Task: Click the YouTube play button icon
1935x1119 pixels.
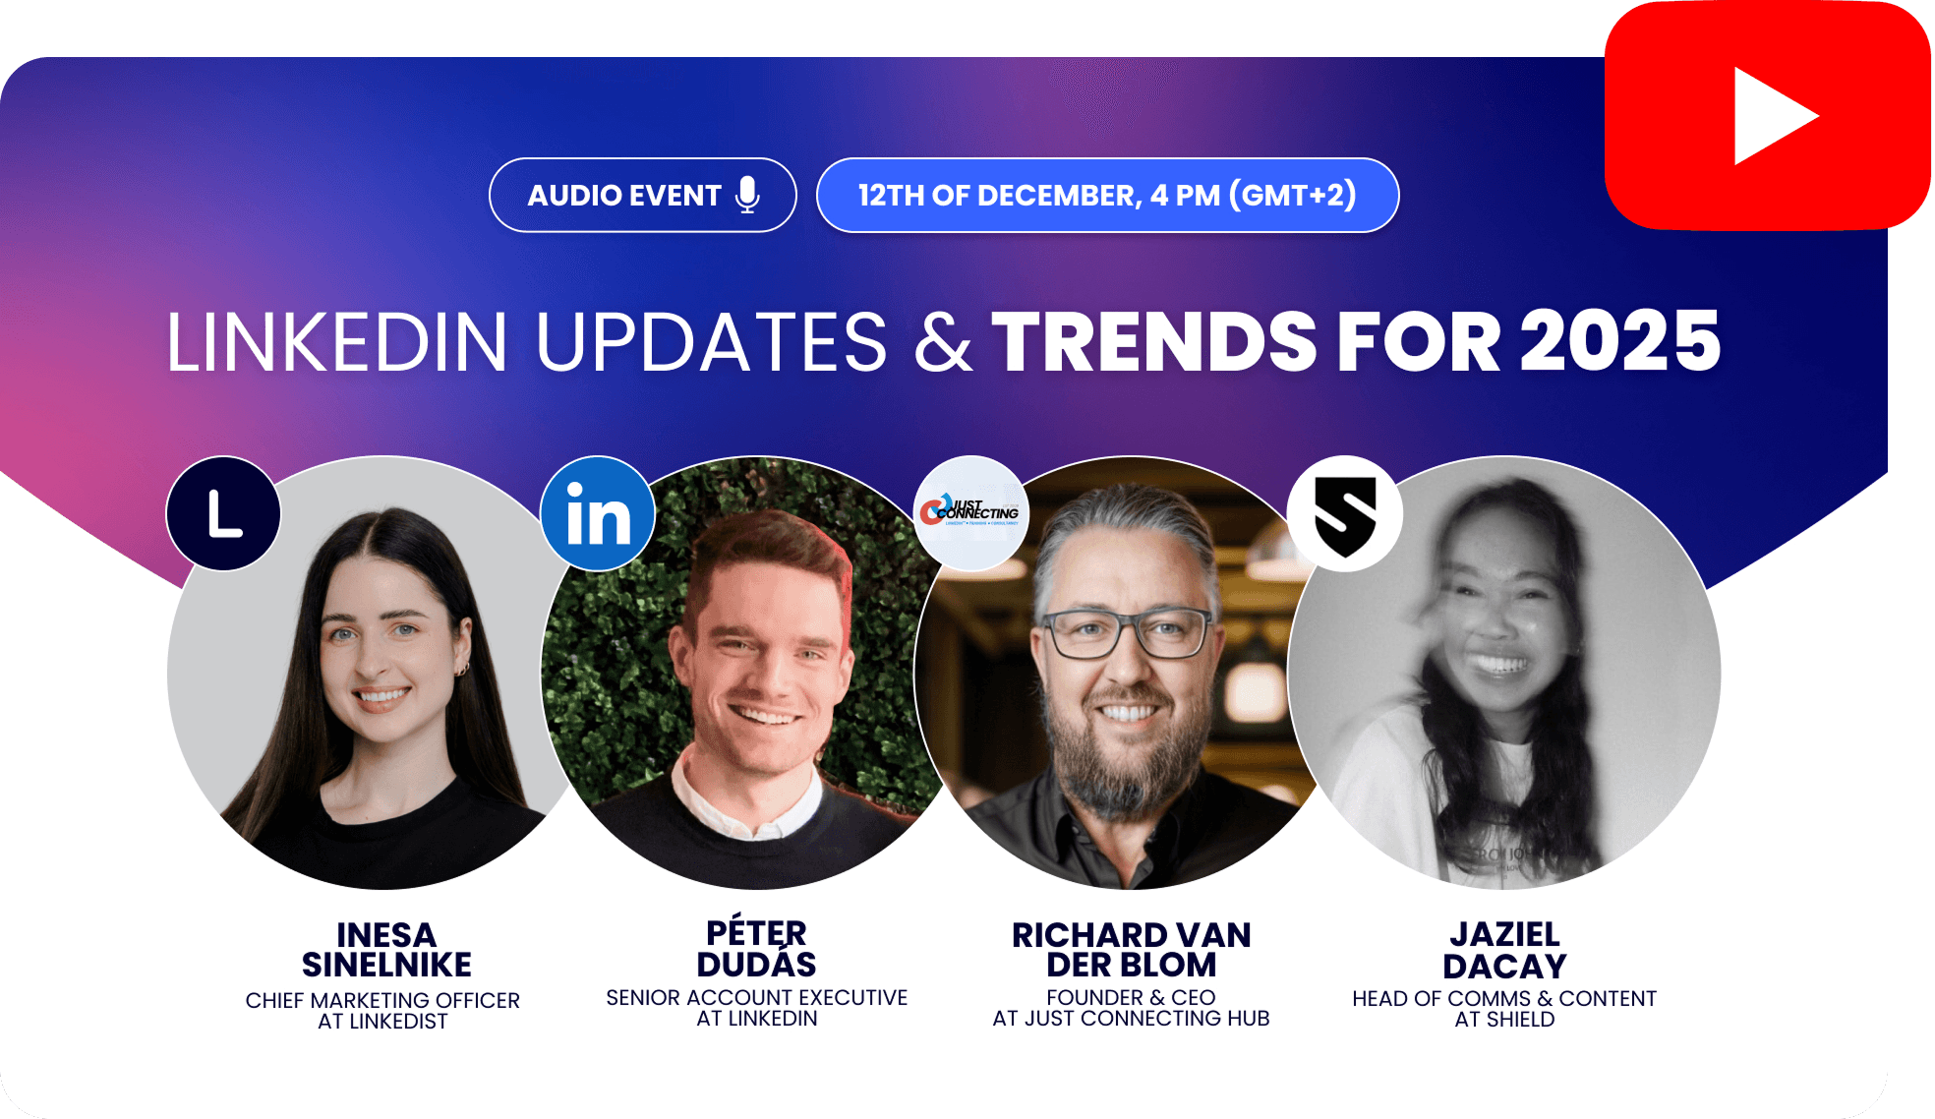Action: [1768, 116]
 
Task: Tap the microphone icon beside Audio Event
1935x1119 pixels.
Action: [747, 195]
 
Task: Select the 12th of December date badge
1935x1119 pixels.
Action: [1107, 195]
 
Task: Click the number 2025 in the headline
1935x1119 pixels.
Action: [1620, 341]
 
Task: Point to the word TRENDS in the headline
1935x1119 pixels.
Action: [1153, 341]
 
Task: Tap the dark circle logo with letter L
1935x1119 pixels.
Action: [224, 513]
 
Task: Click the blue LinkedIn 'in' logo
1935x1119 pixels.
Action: [598, 513]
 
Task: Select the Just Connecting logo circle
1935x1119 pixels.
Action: [971, 512]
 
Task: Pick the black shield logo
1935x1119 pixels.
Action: [1345, 513]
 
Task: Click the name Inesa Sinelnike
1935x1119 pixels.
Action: [386, 949]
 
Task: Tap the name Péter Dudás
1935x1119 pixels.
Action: [757, 948]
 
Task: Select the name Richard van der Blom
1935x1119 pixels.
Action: [1131, 949]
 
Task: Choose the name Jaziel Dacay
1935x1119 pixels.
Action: [1504, 950]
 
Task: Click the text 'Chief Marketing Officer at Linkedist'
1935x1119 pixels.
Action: [382, 1011]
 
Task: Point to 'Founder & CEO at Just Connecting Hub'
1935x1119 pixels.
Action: [1131, 1008]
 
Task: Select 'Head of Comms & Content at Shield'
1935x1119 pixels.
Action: [1504, 1009]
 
